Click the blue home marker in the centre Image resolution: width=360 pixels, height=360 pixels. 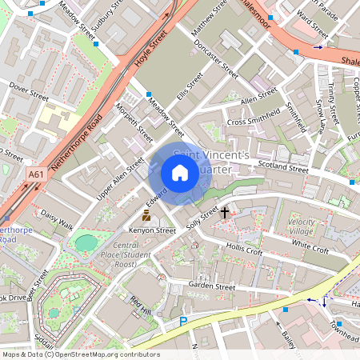click(180, 173)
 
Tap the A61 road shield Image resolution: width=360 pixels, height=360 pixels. click(36, 174)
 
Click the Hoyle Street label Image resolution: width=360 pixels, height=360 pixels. click(151, 50)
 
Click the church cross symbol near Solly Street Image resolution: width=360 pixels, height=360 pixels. click(226, 213)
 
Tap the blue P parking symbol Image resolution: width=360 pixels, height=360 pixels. click(182, 321)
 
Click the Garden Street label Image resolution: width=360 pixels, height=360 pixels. click(211, 286)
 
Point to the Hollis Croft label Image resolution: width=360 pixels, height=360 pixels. click(244, 250)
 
